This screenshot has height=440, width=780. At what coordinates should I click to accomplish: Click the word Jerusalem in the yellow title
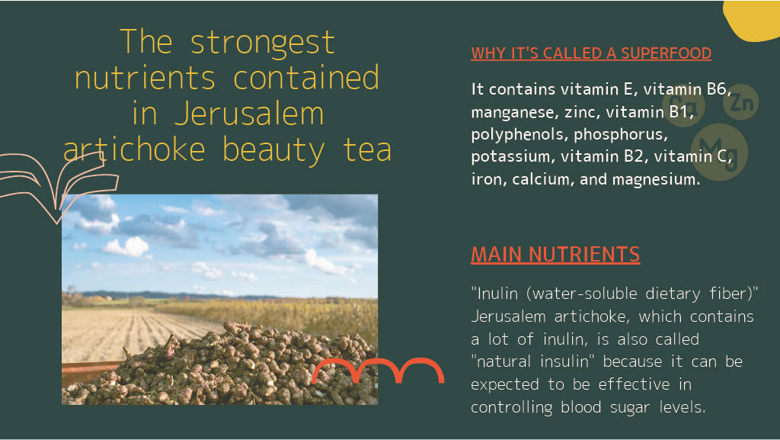pyautogui.click(x=249, y=114)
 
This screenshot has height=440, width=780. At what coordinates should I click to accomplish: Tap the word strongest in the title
pyautogui.click(x=263, y=43)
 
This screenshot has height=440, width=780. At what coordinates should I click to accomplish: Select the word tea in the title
pyautogui.click(x=367, y=150)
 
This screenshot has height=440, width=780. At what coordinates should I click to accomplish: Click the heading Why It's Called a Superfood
pyautogui.click(x=591, y=53)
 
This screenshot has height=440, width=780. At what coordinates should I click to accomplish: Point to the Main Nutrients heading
pyautogui.click(x=555, y=255)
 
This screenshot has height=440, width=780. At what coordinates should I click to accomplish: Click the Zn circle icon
pyautogui.click(x=740, y=101)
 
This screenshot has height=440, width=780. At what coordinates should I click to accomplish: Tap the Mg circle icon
pyautogui.click(x=719, y=152)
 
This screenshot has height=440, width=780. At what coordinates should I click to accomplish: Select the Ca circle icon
pyautogui.click(x=683, y=105)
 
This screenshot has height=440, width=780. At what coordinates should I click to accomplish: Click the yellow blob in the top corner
pyautogui.click(x=753, y=20)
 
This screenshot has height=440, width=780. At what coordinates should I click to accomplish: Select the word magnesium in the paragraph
pyautogui.click(x=656, y=179)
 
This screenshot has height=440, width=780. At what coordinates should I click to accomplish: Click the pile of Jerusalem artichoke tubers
pyautogui.click(x=224, y=368)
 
